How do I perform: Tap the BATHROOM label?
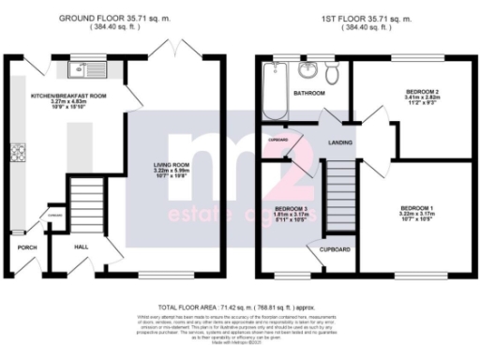tap(308, 94)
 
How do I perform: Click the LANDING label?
tap(338, 142)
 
